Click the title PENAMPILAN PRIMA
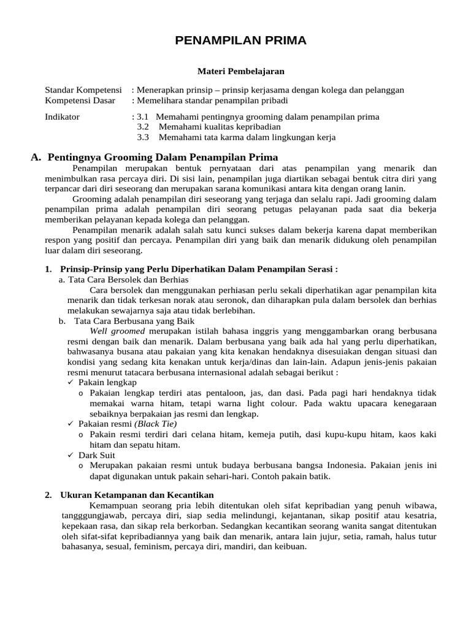240,41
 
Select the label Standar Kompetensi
83,90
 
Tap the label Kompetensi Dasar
80,101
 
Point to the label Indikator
63,117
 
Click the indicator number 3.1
143,117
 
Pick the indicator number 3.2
143,127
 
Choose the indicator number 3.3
143,137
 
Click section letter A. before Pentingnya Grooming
36,157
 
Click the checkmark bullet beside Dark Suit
71,456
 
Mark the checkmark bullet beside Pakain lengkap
71,382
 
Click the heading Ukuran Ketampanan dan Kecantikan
137,495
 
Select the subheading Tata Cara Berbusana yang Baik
134,320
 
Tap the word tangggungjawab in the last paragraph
73,516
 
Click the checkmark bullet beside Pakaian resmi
71,424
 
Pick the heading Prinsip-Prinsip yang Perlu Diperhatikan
199,269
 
